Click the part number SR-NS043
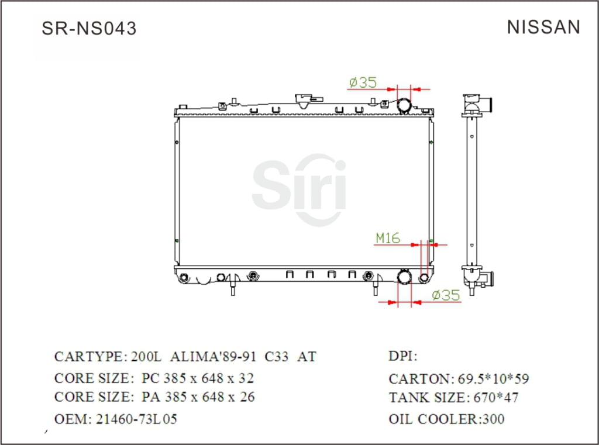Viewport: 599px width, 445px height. (x=89, y=29)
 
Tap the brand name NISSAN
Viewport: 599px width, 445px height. (x=543, y=27)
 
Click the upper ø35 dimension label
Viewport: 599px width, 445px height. (x=363, y=82)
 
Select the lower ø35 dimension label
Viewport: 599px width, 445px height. (x=446, y=295)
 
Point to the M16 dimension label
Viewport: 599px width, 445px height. (x=387, y=238)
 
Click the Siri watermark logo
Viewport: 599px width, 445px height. (x=299, y=189)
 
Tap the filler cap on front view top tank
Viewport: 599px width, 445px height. (x=304, y=100)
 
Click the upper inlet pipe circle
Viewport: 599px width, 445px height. (x=405, y=106)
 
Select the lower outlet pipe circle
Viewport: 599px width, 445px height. (x=405, y=277)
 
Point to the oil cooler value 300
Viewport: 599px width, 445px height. (x=494, y=419)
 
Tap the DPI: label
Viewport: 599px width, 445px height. (x=402, y=356)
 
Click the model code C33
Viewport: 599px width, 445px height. (x=276, y=357)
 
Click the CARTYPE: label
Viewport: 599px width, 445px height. (x=89, y=357)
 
